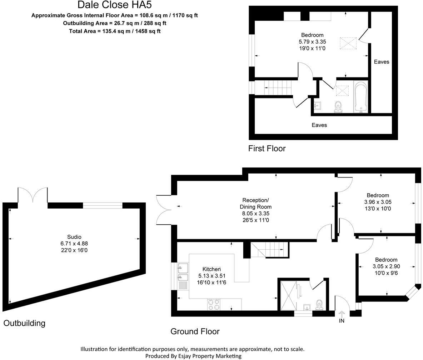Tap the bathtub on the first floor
(360, 97)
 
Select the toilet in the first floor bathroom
(338, 106)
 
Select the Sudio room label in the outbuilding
(74, 237)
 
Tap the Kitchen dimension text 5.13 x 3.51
(211, 276)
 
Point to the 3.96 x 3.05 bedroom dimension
(378, 202)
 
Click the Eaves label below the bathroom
(319, 125)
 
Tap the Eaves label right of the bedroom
(381, 62)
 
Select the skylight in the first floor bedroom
(348, 44)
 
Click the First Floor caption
(267, 149)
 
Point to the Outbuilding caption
(24, 323)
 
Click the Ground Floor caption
(195, 331)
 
